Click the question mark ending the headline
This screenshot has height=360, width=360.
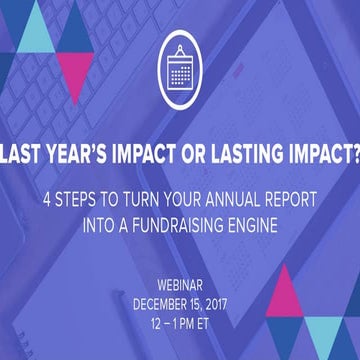pos(351,155)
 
